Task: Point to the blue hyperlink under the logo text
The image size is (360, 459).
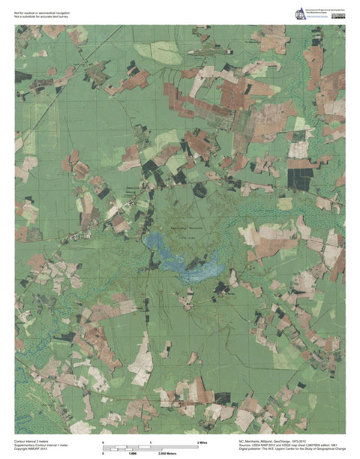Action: click(x=316, y=18)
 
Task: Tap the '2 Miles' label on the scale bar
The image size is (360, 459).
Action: click(x=202, y=443)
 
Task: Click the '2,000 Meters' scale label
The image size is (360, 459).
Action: click(x=167, y=454)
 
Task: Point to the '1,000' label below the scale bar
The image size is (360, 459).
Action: click(x=133, y=454)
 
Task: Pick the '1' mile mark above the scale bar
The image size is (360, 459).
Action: click(x=151, y=443)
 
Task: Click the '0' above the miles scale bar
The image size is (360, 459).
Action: click(x=103, y=443)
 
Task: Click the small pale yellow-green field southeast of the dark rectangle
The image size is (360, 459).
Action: click(x=285, y=202)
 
